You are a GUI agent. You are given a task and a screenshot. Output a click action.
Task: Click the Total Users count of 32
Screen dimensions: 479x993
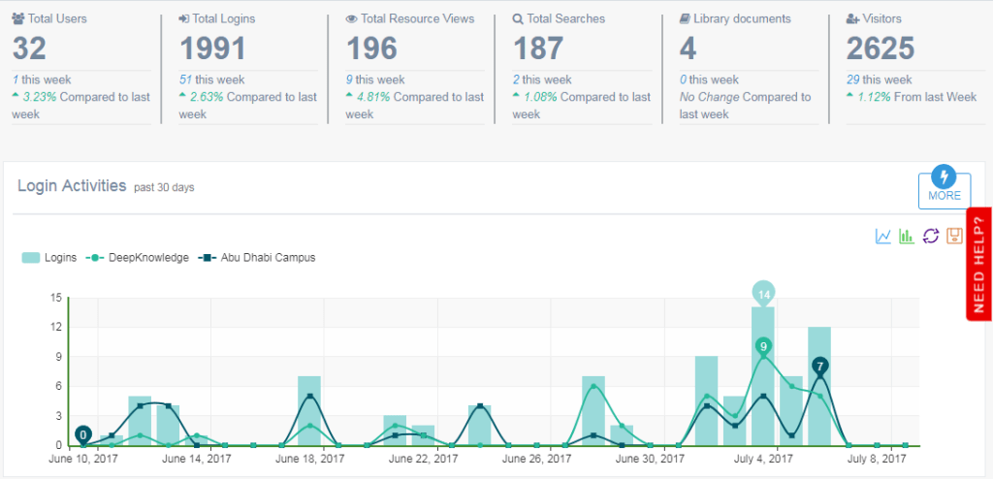pyautogui.click(x=29, y=48)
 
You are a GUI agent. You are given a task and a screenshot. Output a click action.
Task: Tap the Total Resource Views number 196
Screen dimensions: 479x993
pyautogui.click(x=372, y=48)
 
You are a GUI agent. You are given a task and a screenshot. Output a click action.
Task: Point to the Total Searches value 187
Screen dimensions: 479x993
pyautogui.click(x=539, y=48)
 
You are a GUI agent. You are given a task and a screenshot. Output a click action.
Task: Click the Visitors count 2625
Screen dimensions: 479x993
pyautogui.click(x=881, y=48)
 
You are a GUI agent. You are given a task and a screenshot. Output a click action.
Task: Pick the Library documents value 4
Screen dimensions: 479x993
pyautogui.click(x=689, y=48)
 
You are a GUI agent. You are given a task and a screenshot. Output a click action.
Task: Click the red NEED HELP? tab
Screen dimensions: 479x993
pyautogui.click(x=978, y=263)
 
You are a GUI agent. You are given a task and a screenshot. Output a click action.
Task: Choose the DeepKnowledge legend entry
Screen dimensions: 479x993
pyautogui.click(x=138, y=258)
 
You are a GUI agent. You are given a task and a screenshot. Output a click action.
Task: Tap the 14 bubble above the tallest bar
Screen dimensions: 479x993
pyautogui.click(x=764, y=293)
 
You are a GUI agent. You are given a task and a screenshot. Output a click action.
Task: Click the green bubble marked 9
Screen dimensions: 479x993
pyautogui.click(x=764, y=346)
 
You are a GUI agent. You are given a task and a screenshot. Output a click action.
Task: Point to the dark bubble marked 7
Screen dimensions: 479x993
pyautogui.click(x=820, y=366)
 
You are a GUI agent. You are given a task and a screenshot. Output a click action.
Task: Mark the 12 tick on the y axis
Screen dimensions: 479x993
pyautogui.click(x=56, y=327)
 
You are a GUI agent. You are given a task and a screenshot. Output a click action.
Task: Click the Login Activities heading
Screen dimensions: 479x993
pyautogui.click(x=72, y=185)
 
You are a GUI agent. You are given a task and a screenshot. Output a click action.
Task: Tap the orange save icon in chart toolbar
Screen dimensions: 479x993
pyautogui.click(x=954, y=236)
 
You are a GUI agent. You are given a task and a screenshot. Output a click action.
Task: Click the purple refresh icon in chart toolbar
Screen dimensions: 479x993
pyautogui.click(x=931, y=236)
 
